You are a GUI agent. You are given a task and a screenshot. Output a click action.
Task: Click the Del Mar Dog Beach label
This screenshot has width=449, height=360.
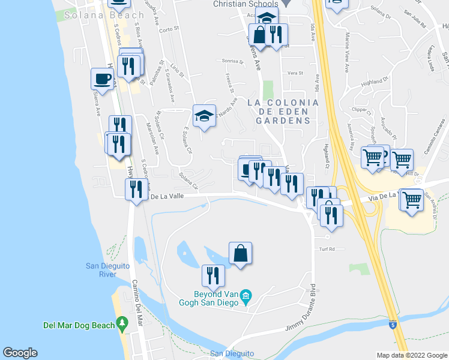point(79,325)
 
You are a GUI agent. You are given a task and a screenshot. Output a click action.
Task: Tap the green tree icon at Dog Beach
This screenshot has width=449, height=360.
point(123,325)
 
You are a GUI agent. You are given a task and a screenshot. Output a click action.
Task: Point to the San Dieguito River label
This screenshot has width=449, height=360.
point(100,270)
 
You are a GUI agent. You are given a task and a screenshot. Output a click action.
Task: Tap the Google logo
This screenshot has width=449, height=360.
point(20,353)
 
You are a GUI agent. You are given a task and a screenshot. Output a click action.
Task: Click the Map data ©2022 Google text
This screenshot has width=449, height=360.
point(411,355)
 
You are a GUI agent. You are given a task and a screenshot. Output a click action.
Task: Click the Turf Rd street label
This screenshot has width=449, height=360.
point(325,248)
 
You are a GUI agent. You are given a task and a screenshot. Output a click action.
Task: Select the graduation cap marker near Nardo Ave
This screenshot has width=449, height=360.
point(204,116)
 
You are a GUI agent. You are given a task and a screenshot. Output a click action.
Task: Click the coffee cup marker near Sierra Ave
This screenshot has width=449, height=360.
point(103,80)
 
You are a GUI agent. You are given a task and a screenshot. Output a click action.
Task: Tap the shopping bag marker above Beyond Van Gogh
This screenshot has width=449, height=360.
point(240,253)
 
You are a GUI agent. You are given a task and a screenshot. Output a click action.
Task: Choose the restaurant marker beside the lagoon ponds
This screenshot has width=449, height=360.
point(213,276)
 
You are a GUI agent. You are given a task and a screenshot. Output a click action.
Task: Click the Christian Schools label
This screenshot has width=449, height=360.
point(246,4)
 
